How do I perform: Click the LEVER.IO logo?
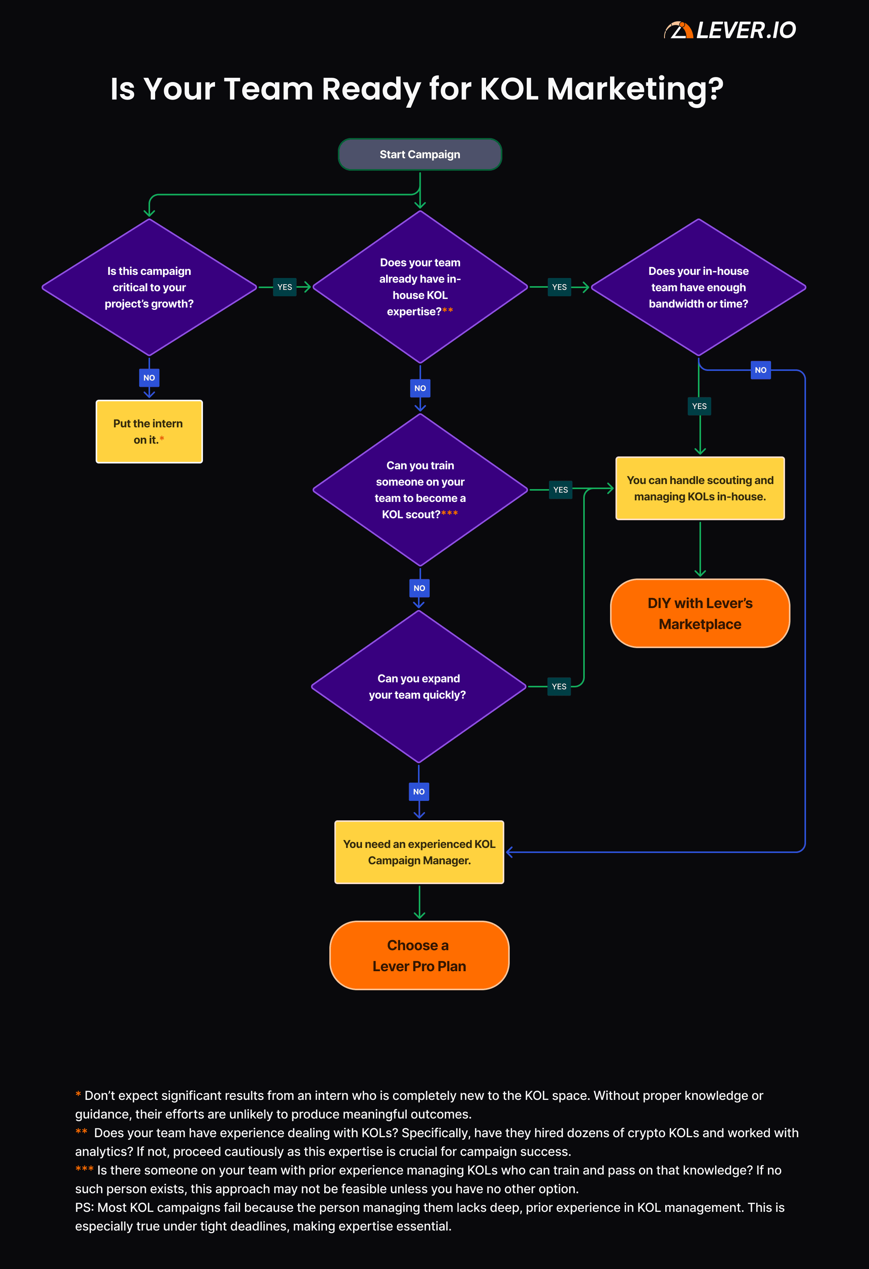[730, 30]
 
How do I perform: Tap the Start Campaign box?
[420, 154]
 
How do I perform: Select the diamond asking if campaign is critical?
[149, 287]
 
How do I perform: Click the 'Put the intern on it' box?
[149, 432]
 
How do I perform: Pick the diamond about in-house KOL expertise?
[420, 287]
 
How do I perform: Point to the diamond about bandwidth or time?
[698, 287]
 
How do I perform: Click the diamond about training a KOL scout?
[420, 490]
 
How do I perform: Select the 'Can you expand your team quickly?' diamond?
[418, 686]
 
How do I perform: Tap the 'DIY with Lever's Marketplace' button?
[700, 613]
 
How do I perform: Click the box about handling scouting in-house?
[700, 488]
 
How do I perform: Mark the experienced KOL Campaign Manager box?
[419, 852]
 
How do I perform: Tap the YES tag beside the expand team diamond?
[559, 686]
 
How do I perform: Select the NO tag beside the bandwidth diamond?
[760, 370]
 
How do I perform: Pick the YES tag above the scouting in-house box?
[699, 406]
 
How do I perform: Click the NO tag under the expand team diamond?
[419, 792]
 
